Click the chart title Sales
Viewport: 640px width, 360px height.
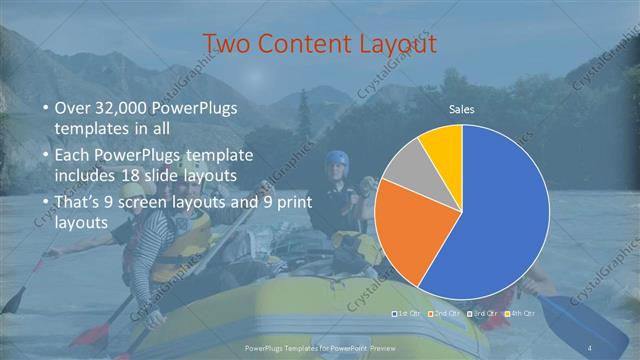click(x=461, y=109)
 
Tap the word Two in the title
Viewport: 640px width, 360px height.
click(x=227, y=44)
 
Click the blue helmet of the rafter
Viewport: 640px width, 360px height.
click(x=337, y=159)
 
